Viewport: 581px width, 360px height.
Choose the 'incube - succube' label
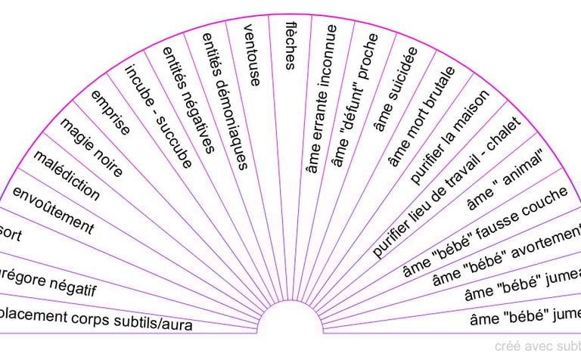(158, 113)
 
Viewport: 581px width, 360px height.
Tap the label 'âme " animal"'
(505, 182)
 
